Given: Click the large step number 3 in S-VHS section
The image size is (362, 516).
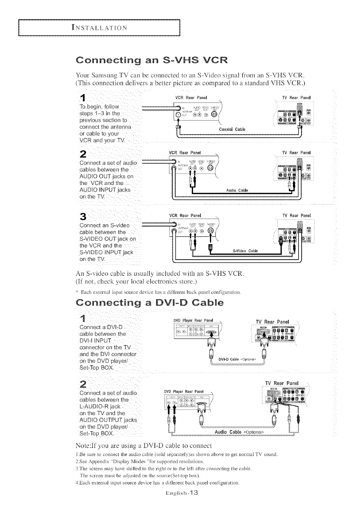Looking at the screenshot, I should point(83,216).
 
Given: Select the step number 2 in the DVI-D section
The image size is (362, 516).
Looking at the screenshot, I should point(84,384).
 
